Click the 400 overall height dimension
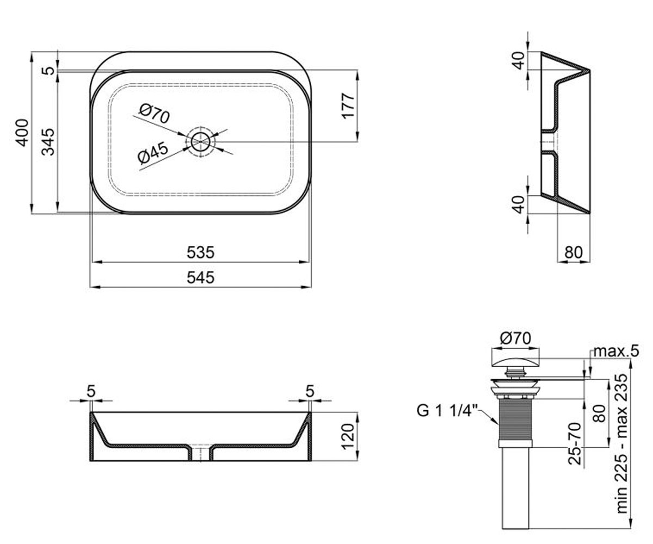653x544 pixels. click(22, 133)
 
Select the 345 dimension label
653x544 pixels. click(48, 141)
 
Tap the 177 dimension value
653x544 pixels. click(348, 106)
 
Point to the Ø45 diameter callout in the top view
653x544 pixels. click(153, 153)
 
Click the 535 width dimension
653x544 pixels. click(200, 252)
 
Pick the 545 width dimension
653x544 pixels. click(200, 277)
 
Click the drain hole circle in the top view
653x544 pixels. click(200, 141)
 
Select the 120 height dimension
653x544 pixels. click(348, 437)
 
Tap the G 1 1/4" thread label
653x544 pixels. click(447, 411)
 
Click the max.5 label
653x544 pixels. click(616, 351)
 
